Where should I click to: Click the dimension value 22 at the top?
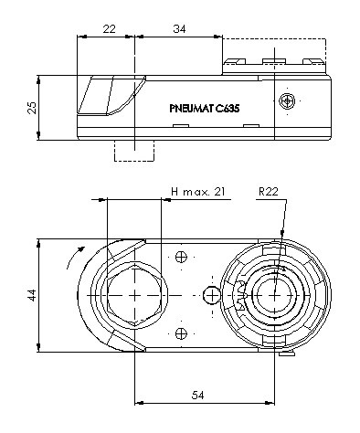point(109,29)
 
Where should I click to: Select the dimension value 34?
point(179,29)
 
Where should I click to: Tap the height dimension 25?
point(32,108)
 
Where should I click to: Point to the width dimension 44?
point(32,295)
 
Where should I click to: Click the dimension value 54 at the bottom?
point(198,396)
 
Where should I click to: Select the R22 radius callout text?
point(269,192)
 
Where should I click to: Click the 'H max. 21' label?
point(198,192)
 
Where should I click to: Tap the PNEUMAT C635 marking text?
point(205,109)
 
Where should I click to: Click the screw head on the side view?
point(287,101)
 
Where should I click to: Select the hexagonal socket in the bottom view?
point(134,295)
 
